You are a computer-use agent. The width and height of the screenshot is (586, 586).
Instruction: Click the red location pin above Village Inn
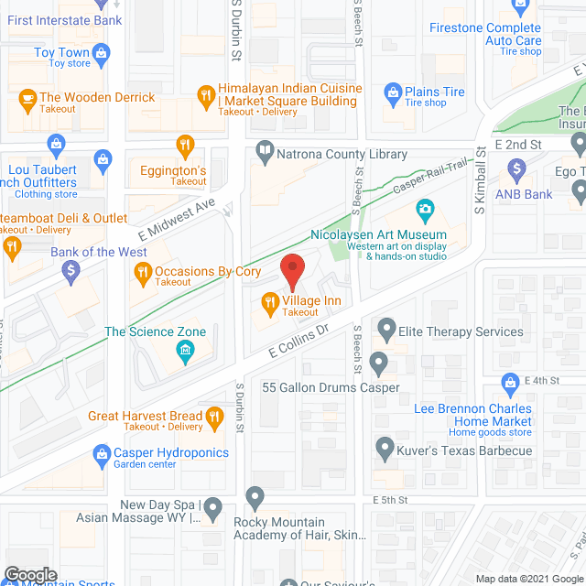pos(292,270)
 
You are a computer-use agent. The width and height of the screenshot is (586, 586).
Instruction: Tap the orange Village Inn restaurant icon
pos(270,300)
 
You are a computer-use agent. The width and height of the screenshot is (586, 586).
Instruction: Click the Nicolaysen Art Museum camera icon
pos(424,212)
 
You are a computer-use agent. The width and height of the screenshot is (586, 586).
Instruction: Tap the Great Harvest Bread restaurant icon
pos(214,418)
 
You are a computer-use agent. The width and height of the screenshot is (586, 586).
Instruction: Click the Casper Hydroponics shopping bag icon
pos(102,452)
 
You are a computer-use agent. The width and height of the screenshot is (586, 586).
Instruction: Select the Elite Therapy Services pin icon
pos(386,327)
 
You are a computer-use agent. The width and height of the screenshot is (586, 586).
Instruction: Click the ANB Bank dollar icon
pos(516,169)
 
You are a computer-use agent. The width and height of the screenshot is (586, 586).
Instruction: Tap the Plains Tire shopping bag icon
pos(393,92)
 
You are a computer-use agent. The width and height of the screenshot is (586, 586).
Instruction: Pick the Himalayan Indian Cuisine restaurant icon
pos(207,94)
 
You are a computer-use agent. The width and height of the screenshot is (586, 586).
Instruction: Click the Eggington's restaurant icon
pos(187,145)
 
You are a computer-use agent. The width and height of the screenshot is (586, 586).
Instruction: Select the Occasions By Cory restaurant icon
pos(143,271)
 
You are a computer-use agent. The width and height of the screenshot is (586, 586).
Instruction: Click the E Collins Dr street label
pos(298,340)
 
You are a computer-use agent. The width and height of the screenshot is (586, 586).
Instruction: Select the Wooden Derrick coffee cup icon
pos(27,98)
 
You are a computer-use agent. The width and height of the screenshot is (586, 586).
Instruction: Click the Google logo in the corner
pos(29,574)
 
